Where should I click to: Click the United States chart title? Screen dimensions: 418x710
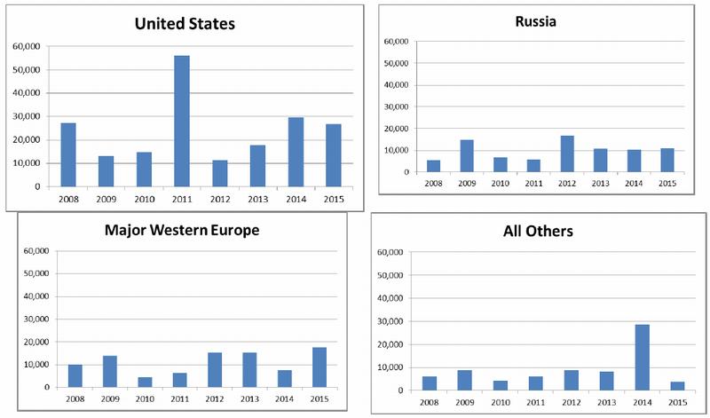pos(185,24)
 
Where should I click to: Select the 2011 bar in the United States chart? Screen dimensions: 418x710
pos(182,121)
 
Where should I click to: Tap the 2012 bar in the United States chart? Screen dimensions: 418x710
pos(219,173)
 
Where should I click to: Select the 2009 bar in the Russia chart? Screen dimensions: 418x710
pos(467,155)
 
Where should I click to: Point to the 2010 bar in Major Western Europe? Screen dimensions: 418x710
pos(146,383)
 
